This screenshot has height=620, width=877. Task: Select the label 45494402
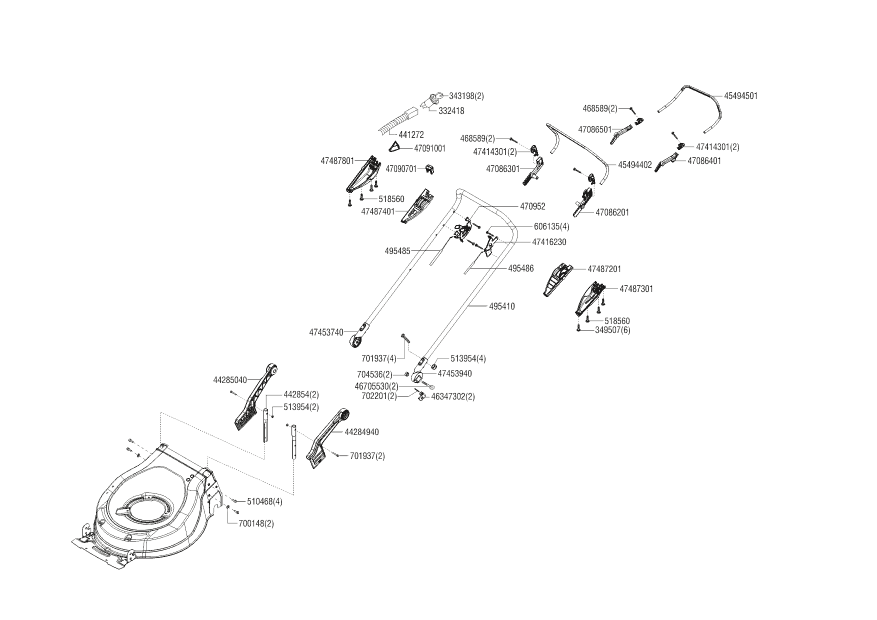coord(635,164)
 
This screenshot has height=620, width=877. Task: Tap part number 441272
coord(411,135)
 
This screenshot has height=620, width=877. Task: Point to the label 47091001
coord(430,148)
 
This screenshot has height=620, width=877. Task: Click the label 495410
coord(502,306)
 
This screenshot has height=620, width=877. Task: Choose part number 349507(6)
coord(612,330)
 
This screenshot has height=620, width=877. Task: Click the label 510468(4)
coord(264,501)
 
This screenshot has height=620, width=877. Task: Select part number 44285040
coord(230,380)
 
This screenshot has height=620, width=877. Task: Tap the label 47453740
coord(326,332)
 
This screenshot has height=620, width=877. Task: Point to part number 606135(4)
coord(551,226)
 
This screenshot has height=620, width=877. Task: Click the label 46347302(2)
coord(453,396)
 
